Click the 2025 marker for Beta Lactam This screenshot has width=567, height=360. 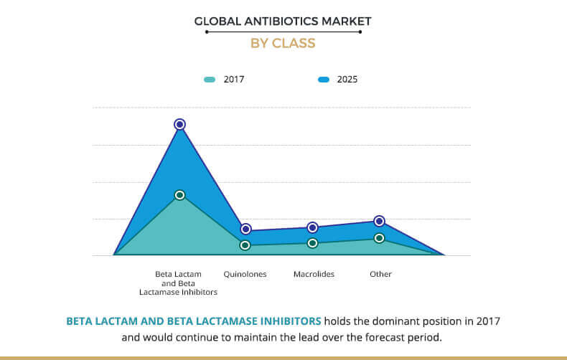pyautogui.click(x=179, y=124)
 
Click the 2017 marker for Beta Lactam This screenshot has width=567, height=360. pyautogui.click(x=179, y=195)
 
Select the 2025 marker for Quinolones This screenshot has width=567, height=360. pyautogui.click(x=245, y=229)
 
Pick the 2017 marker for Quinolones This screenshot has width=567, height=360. pyautogui.click(x=245, y=245)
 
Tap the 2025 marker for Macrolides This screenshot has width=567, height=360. pyautogui.click(x=312, y=227)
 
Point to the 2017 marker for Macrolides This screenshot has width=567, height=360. pyautogui.click(x=312, y=243)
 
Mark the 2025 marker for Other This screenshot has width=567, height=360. pyautogui.click(x=380, y=221)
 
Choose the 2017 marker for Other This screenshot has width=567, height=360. pyautogui.click(x=380, y=238)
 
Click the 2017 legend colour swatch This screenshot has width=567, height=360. pyautogui.click(x=210, y=80)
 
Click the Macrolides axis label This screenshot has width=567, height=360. pyautogui.click(x=314, y=274)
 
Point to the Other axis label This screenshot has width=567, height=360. pyautogui.click(x=380, y=274)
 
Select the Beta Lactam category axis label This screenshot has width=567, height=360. pyautogui.click(x=179, y=283)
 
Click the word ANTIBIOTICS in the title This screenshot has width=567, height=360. pyautogui.click(x=283, y=22)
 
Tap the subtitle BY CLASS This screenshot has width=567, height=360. pyautogui.click(x=283, y=43)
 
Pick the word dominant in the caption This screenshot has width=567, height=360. pyautogui.click(x=393, y=321)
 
